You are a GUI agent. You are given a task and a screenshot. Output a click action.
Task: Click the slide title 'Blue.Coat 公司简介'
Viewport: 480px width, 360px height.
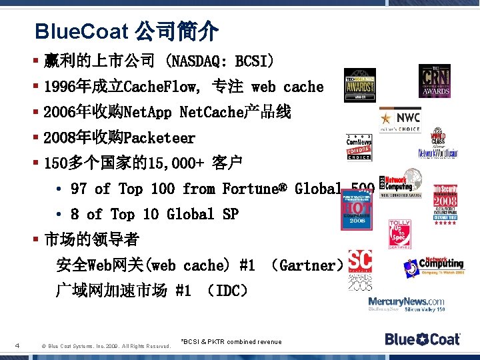tap(126, 31)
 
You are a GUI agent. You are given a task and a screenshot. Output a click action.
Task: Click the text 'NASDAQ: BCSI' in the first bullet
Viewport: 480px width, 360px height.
tap(220, 62)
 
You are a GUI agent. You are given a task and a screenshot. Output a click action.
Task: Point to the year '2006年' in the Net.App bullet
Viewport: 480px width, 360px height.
tap(64, 113)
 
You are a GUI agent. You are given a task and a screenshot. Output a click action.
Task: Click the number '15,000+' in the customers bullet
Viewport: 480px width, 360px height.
tap(174, 163)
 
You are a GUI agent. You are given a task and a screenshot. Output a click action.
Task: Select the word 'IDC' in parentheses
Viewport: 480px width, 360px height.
tap(227, 291)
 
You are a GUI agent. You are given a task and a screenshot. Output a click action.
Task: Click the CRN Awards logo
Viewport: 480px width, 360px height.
tap(434, 81)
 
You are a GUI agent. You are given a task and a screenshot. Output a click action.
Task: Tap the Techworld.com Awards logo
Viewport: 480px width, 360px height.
tap(359, 85)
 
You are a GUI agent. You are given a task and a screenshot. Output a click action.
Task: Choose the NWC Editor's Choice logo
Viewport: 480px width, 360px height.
tap(400, 120)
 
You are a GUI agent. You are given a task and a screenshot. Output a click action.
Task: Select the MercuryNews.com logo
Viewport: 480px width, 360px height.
tap(407, 304)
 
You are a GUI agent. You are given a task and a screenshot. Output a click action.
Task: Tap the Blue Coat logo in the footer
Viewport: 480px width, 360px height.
tap(422, 339)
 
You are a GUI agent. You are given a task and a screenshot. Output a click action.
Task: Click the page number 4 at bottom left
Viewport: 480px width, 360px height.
tap(16, 345)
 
